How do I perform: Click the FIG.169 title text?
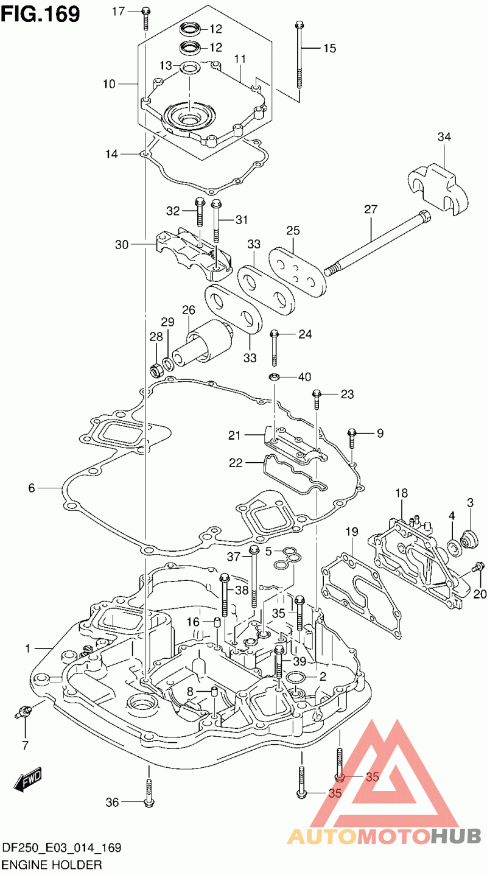click(40, 13)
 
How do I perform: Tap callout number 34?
click(444, 138)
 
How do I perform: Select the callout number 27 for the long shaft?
click(371, 209)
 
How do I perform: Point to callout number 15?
click(329, 48)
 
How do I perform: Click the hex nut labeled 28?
click(156, 368)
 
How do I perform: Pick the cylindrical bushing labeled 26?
click(204, 343)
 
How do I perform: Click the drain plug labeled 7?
click(24, 711)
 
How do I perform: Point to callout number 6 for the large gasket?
click(32, 488)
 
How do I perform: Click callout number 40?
click(304, 377)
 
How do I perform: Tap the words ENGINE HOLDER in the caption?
click(52, 864)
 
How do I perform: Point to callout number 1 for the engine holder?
click(27, 649)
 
